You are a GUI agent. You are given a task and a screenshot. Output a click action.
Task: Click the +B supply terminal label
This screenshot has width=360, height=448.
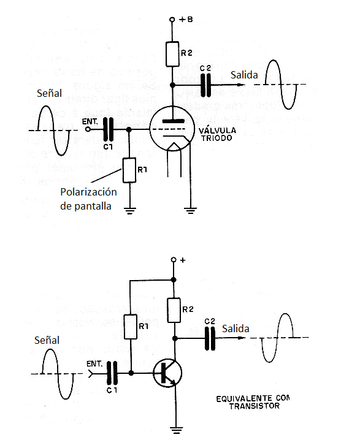pos(185,20)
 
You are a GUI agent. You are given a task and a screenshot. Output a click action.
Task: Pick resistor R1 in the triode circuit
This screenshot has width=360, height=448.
pos(129,170)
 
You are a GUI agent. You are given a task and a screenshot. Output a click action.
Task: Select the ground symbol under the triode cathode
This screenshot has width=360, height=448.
pos(191,211)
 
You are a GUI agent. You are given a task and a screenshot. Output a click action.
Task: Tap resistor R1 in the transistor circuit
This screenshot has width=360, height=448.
pos(130,327)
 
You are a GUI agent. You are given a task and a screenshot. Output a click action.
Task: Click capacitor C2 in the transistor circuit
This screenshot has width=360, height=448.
pos(210,338)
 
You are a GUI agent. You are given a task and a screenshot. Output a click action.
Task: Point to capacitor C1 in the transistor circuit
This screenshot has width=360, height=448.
pos(112,373)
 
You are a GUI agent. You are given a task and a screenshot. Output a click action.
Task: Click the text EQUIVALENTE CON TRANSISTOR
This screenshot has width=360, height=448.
pos(251,402)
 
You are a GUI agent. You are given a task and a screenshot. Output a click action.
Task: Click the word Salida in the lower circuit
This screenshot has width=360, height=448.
pos(236,329)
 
